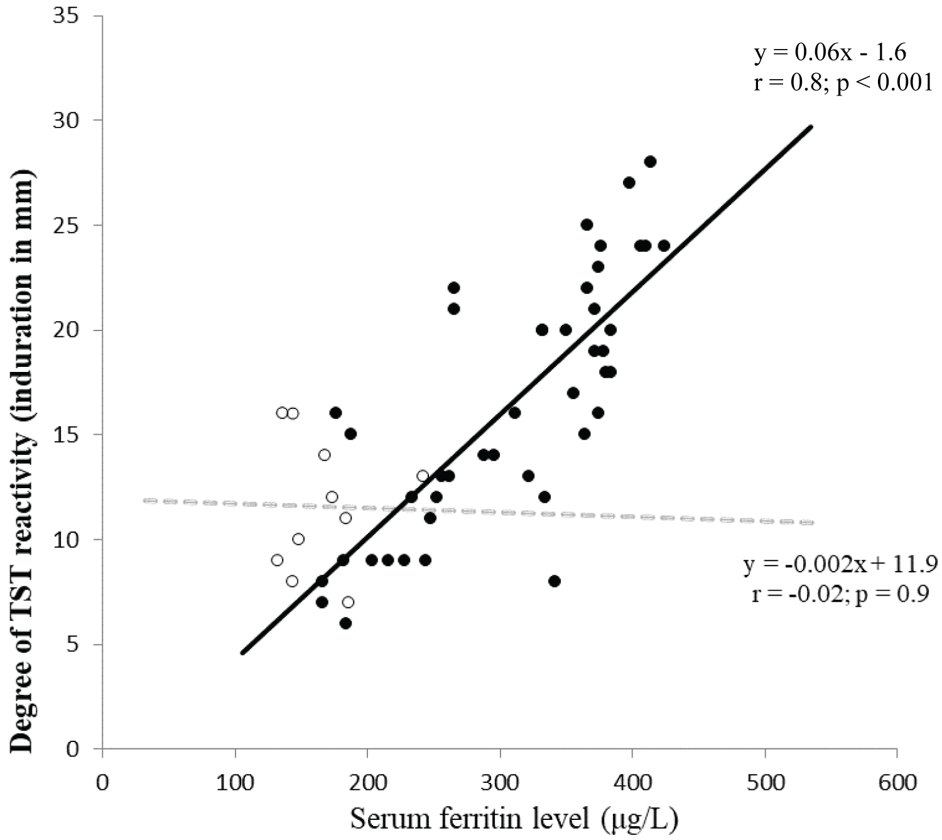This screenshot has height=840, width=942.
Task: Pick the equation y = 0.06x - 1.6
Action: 830,53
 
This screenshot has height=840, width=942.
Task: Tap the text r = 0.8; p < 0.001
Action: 843,83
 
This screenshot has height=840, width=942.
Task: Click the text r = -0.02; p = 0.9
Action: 840,594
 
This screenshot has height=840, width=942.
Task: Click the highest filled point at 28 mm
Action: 650,161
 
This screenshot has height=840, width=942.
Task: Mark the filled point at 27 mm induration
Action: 629,183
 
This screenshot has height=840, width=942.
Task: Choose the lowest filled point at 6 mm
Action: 345,623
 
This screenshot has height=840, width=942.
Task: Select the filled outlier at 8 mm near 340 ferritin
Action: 554,581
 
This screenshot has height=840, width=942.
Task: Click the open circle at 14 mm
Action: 324,455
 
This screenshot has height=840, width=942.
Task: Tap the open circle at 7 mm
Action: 348,602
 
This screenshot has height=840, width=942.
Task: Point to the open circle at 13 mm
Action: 423,476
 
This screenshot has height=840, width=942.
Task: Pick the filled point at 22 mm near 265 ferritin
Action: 453,288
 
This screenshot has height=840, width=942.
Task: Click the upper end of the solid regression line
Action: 811,127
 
